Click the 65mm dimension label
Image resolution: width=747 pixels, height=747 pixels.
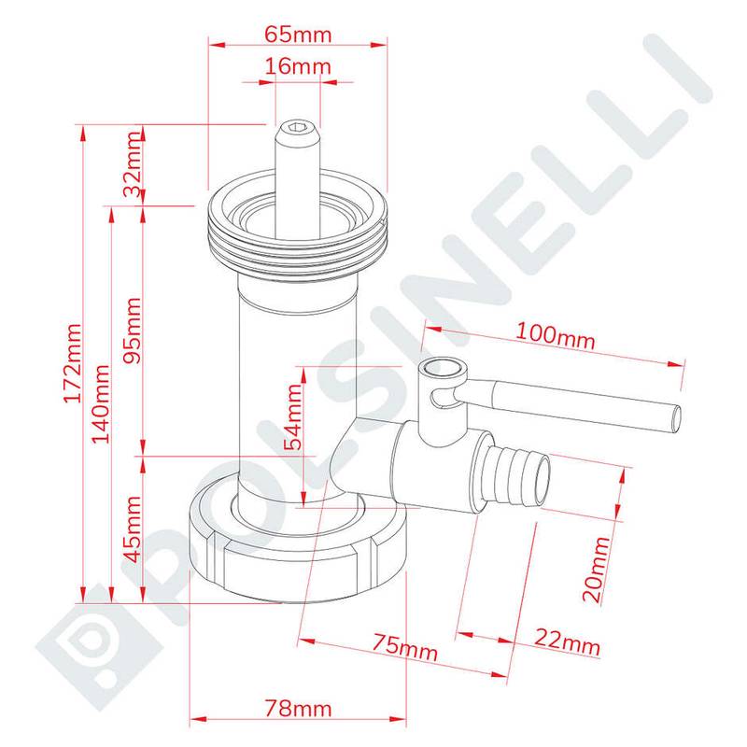(298, 35)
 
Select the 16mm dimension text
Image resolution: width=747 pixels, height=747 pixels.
(298, 65)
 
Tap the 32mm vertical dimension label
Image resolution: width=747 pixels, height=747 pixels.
(133, 164)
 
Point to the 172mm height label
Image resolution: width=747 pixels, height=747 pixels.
(73, 363)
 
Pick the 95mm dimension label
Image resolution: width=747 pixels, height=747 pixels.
(133, 331)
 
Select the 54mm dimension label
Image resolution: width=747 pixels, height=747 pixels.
(293, 416)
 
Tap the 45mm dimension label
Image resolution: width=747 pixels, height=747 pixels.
(133, 529)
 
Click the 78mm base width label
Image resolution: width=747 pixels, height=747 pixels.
(298, 709)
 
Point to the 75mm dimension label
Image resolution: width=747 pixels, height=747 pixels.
(404, 647)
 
